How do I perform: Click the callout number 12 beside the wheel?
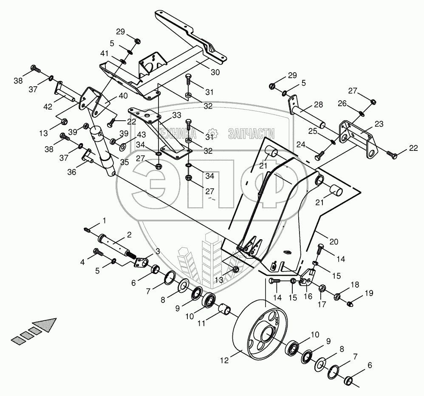click(x=224, y=360)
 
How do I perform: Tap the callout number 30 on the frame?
click(x=215, y=72)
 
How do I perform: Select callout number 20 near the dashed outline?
click(x=334, y=242)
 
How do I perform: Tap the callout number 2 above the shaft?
click(x=129, y=235)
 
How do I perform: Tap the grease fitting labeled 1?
click(x=88, y=229)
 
